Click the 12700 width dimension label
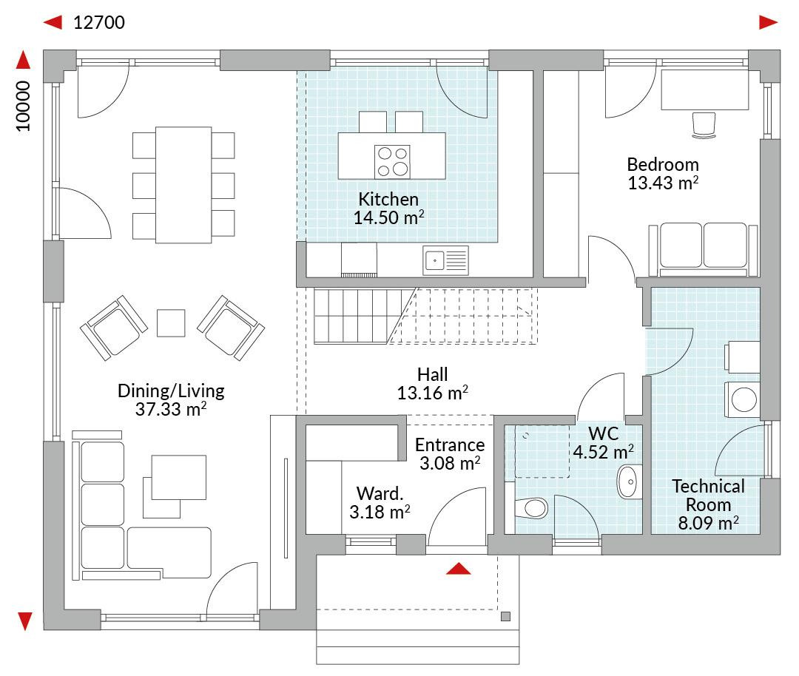(99, 23)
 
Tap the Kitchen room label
(388, 199)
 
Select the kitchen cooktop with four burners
(392, 161)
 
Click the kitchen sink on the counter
(445, 260)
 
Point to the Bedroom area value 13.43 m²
(662, 183)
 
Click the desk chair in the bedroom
(704, 125)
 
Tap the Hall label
(432, 374)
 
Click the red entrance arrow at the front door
(458, 569)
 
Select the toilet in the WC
(531, 508)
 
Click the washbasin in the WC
(630, 481)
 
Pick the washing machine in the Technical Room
(742, 399)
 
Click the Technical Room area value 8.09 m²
(708, 523)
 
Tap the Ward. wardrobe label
(380, 493)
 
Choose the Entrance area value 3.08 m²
(450, 463)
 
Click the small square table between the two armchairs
(171, 323)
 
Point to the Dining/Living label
(171, 391)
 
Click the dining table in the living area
(183, 185)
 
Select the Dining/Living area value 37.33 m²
(171, 409)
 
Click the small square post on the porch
(505, 616)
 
